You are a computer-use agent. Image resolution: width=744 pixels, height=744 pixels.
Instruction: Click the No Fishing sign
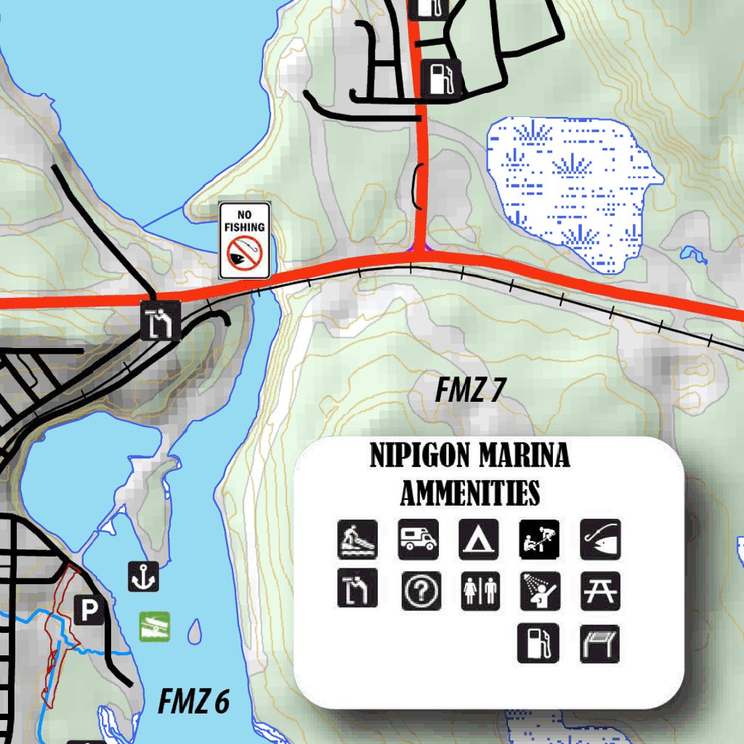(245, 240)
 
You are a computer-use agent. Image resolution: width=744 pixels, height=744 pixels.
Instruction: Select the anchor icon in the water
(143, 576)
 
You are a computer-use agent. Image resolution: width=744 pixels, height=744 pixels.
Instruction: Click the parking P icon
(89, 611)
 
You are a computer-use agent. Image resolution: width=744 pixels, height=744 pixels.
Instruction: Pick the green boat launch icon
(155, 626)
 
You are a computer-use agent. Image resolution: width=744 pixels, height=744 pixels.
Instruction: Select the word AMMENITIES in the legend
(470, 493)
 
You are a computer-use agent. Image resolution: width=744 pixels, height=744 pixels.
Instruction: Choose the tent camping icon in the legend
(478, 539)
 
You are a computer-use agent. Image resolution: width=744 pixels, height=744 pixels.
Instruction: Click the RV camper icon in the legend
(418, 539)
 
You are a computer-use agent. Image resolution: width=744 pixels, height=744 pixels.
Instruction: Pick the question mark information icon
(421, 591)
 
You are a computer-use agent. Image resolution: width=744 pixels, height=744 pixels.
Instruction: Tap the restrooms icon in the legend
(481, 590)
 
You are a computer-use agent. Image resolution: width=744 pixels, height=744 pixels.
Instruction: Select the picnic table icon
(600, 591)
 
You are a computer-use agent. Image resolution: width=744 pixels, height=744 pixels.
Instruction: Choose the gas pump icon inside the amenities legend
(538, 642)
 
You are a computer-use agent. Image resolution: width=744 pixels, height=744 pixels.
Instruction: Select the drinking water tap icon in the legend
(357, 589)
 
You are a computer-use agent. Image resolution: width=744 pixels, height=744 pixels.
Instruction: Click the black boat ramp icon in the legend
(357, 539)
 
